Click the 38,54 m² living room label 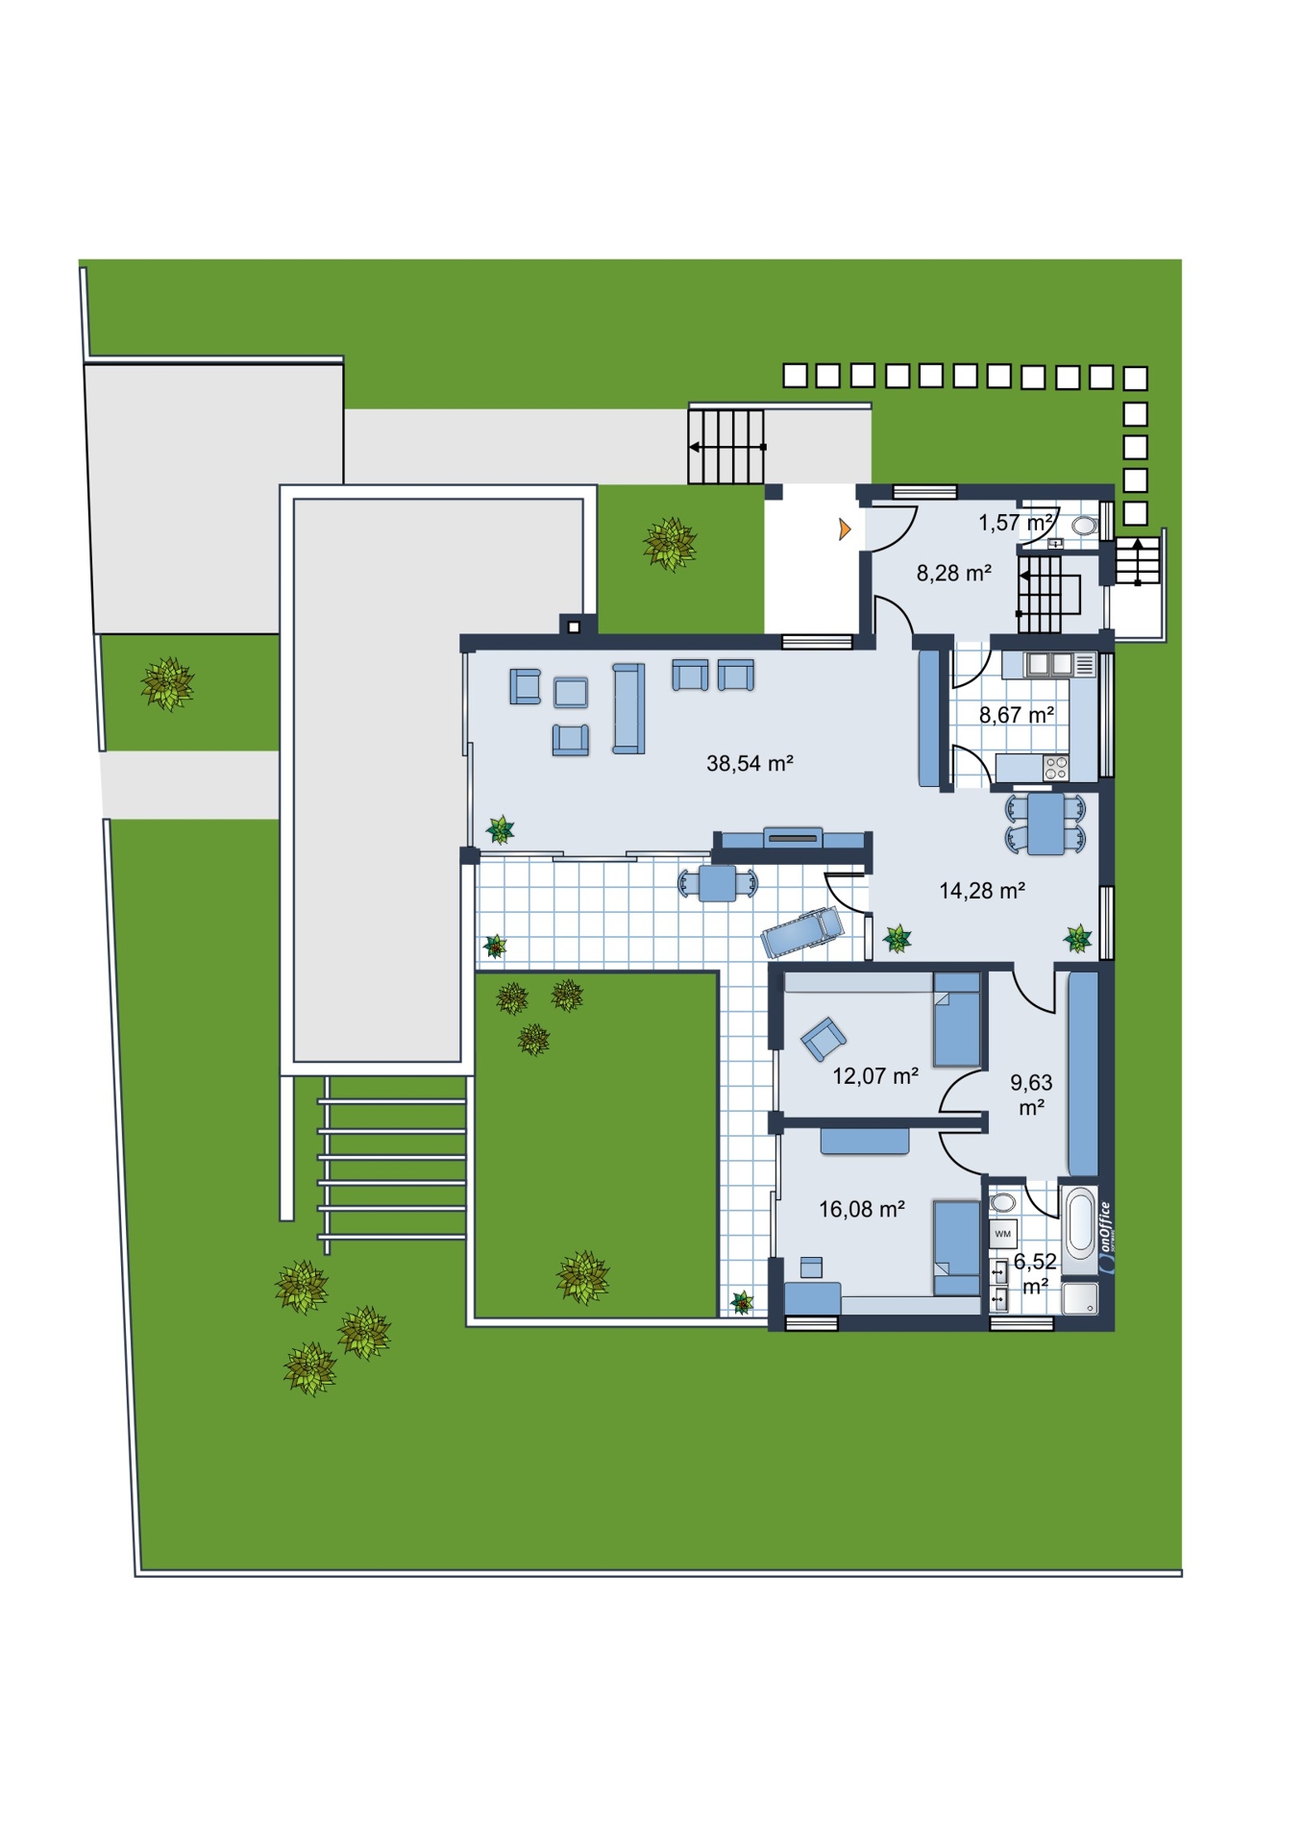click(x=750, y=764)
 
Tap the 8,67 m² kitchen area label click(x=1016, y=715)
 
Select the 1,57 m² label click(x=1016, y=523)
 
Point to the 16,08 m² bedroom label click(x=861, y=1209)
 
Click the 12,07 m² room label click(x=874, y=1075)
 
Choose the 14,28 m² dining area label click(x=981, y=891)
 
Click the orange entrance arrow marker click(x=845, y=529)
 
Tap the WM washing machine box click(x=1002, y=1234)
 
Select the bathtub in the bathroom click(x=1080, y=1221)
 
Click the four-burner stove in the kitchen click(x=1056, y=767)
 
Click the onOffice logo click(x=1105, y=1238)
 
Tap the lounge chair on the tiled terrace click(x=802, y=931)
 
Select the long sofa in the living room click(x=628, y=708)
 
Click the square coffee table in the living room click(x=571, y=692)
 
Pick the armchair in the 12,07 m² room click(x=824, y=1039)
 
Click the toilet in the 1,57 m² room click(x=1084, y=526)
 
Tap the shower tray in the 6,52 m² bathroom click(x=1081, y=1297)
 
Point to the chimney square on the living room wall click(x=574, y=627)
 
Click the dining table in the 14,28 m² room click(x=1046, y=824)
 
